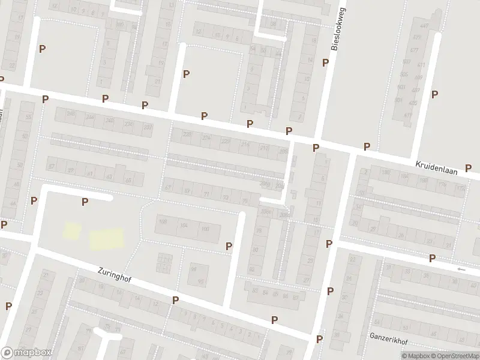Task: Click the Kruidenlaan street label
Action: (x=436, y=167)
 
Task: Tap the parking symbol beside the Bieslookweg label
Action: (x=326, y=62)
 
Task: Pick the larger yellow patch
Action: (x=107, y=239)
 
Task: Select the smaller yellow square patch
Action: (x=72, y=230)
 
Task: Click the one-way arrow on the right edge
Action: (x=461, y=269)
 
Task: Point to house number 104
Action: (x=184, y=226)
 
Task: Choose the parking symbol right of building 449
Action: (x=435, y=94)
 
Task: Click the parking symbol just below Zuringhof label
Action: (x=175, y=300)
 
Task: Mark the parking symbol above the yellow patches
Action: (x=85, y=202)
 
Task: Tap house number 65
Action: (x=201, y=281)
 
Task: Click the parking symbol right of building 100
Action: (x=229, y=246)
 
